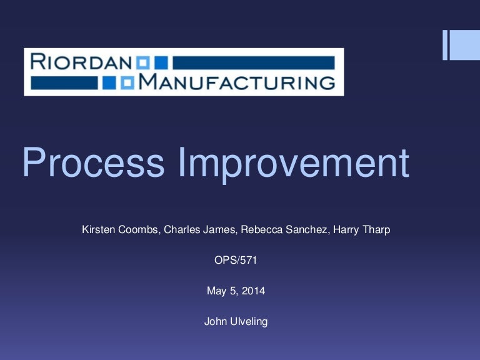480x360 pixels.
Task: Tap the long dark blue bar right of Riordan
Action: [x=253, y=62]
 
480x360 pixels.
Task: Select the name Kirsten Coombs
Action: [x=122, y=230]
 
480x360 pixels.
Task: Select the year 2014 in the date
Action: [x=254, y=291]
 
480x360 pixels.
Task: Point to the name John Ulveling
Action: [x=236, y=322]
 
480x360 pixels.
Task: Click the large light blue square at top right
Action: [x=465, y=45]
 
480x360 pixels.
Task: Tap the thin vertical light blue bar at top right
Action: [x=446, y=45]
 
